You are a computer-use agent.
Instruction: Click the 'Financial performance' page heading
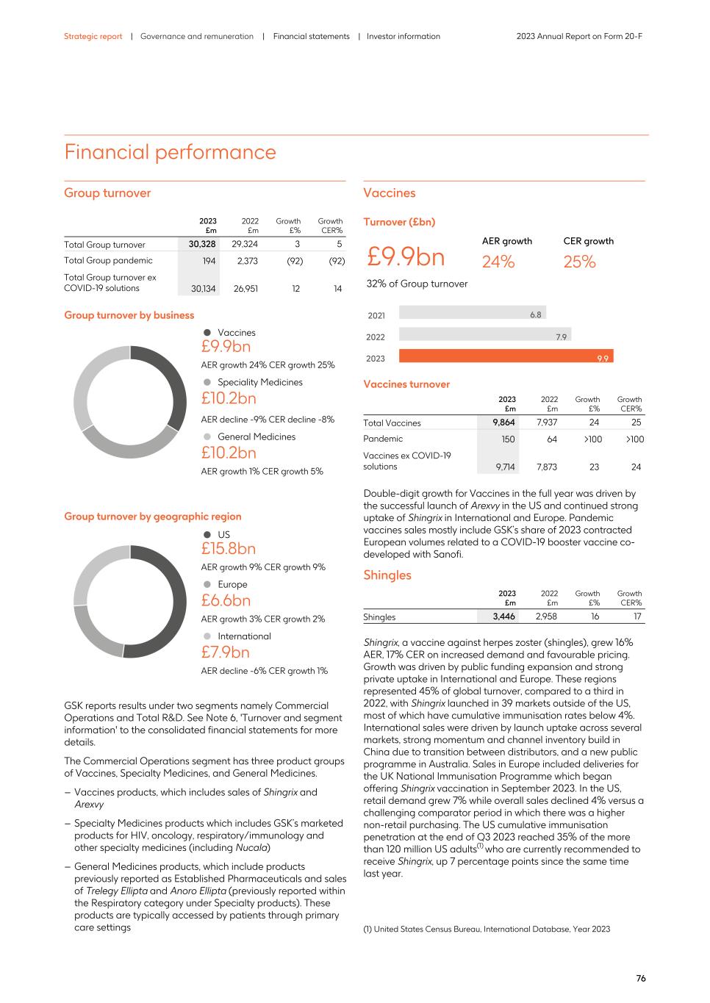170,152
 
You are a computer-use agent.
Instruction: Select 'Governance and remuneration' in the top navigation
196,36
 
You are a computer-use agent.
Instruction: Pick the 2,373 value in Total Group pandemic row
245,260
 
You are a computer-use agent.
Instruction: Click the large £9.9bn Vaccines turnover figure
406,257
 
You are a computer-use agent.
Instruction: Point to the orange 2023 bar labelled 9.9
506,357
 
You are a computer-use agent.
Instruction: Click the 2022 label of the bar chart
376,337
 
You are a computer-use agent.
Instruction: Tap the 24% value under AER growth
498,262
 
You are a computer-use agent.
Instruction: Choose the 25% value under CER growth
579,262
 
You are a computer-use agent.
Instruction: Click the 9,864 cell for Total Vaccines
503,423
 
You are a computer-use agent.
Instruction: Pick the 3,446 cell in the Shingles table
503,616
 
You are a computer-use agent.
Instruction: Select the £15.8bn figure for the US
228,549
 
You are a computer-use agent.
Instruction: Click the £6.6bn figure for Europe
226,600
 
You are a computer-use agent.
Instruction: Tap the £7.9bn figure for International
225,653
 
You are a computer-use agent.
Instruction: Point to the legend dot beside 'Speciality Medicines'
207,382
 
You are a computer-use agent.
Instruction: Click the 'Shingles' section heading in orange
387,575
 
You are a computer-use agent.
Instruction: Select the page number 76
640,979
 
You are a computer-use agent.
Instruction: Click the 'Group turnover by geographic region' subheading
152,517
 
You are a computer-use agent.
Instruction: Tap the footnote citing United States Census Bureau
487,929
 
